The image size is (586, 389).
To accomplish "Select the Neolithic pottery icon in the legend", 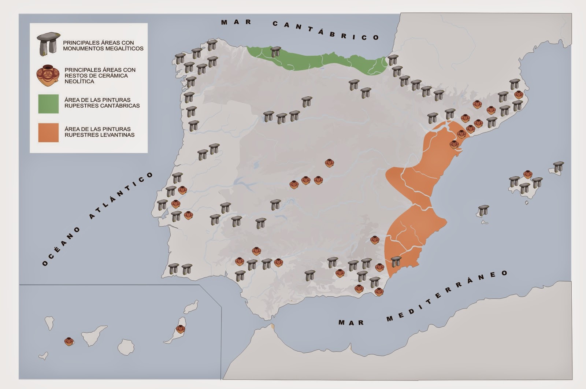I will tap(48, 75).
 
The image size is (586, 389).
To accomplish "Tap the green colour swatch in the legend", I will tap(48, 104).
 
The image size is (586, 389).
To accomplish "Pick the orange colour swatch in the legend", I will tap(48, 132).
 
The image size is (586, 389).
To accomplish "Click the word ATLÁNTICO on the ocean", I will tap(121, 196).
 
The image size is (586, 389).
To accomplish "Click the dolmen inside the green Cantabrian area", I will tap(275, 52).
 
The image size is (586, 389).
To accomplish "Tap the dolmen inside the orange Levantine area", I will tap(396, 262).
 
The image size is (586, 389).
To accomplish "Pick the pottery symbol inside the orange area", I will tap(454, 144).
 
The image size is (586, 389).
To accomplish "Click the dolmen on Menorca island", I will tap(559, 167).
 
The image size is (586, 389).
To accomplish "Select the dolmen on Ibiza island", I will tap(483, 211).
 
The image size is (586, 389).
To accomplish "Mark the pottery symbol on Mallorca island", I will tap(527, 174).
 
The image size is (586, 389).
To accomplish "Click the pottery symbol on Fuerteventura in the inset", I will tap(180, 329).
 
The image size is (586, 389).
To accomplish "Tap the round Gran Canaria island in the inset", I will tap(126, 347).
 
